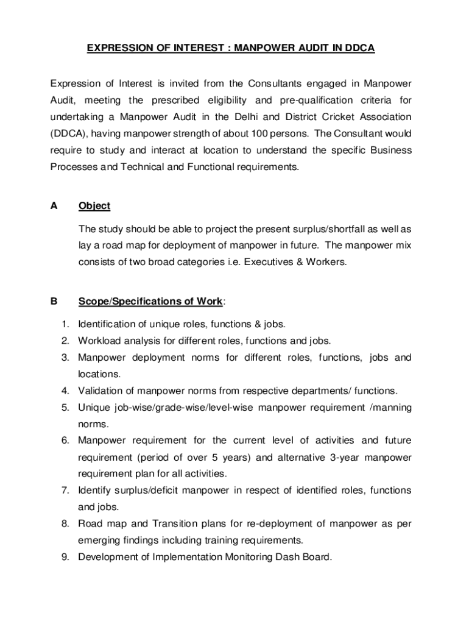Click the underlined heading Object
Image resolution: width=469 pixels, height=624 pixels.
[x=94, y=206]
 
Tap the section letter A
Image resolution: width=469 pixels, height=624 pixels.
[x=54, y=206]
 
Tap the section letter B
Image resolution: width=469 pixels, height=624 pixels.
[x=54, y=301]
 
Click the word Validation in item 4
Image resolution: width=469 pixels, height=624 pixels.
[x=100, y=391]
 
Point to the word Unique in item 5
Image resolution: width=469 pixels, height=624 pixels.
[x=92, y=407]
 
